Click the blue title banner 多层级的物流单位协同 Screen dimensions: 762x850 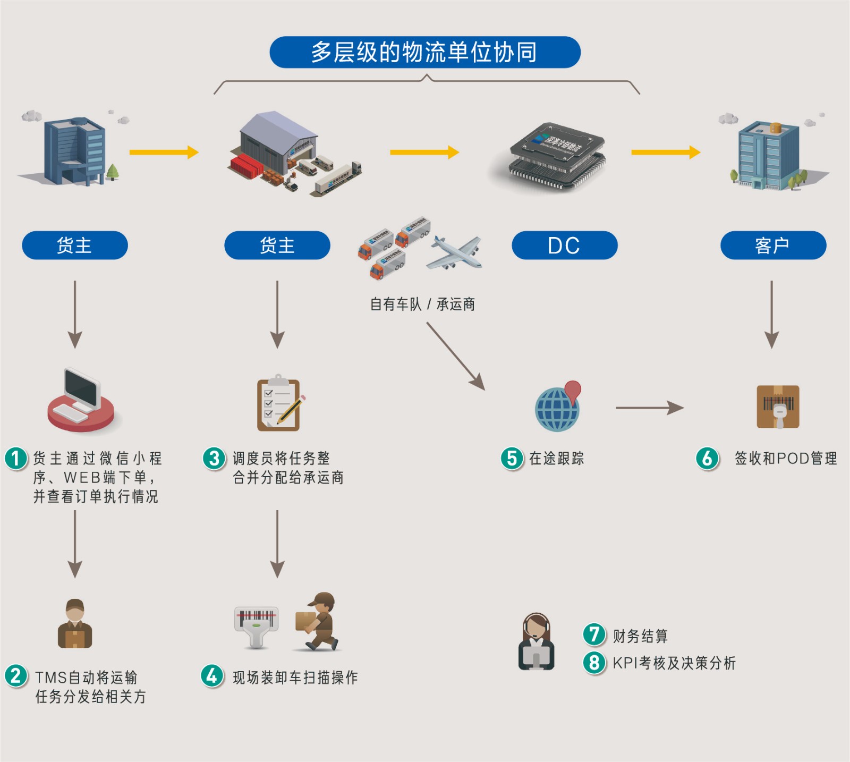(x=424, y=52)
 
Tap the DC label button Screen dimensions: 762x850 (x=564, y=245)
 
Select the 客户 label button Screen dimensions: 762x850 (x=773, y=245)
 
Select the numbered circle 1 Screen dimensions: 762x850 (x=16, y=459)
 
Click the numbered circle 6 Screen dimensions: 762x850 (x=707, y=459)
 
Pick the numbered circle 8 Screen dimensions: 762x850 (x=594, y=663)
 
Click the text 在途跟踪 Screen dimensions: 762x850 (x=556, y=459)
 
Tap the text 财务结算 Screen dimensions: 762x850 (x=640, y=636)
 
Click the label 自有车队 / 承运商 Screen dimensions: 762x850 (x=422, y=304)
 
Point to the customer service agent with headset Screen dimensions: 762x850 (x=536, y=641)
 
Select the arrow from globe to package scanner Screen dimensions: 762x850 (x=649, y=408)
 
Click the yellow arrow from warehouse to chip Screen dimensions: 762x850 (x=424, y=153)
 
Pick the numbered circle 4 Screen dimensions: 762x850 (x=212, y=676)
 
